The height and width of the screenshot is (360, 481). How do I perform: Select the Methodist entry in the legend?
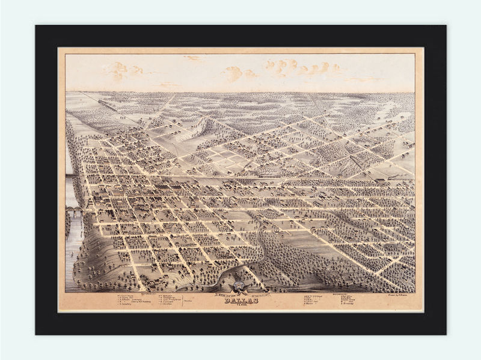click(167, 296)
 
